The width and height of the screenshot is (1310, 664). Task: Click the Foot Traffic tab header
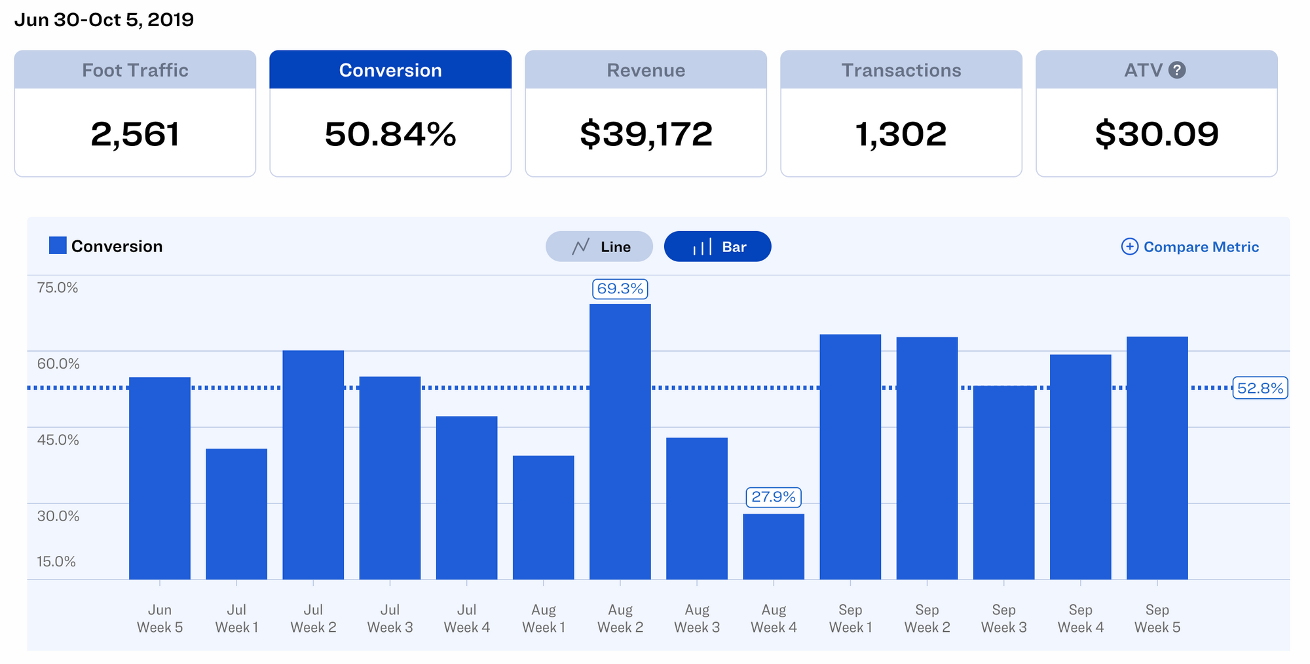coord(135,70)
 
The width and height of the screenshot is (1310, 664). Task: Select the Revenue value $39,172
coord(646,134)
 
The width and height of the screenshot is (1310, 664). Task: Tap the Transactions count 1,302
coord(901,134)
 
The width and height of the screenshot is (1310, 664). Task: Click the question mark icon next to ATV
coord(1177,70)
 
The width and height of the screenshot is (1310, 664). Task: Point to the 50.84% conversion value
coord(390,134)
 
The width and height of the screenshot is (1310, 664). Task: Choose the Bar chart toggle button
coord(717,247)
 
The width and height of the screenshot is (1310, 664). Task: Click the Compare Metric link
coord(1190,247)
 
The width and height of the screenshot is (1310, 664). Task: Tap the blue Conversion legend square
coord(58,246)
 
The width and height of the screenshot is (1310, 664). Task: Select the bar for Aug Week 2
coord(620,442)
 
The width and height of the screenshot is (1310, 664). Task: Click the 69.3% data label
coord(620,289)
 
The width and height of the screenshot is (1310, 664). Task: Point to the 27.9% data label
coord(774,497)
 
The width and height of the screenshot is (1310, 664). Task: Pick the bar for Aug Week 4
coord(774,547)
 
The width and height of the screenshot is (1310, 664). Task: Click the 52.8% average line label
coord(1260,388)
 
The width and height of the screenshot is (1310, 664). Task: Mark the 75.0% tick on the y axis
coord(58,287)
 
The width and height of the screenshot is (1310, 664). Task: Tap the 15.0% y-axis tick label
coord(56,561)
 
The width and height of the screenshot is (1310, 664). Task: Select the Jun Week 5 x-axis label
coord(160,618)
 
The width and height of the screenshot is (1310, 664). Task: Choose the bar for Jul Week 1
coord(236,514)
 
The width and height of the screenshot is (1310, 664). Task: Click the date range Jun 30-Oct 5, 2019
coord(104,20)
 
